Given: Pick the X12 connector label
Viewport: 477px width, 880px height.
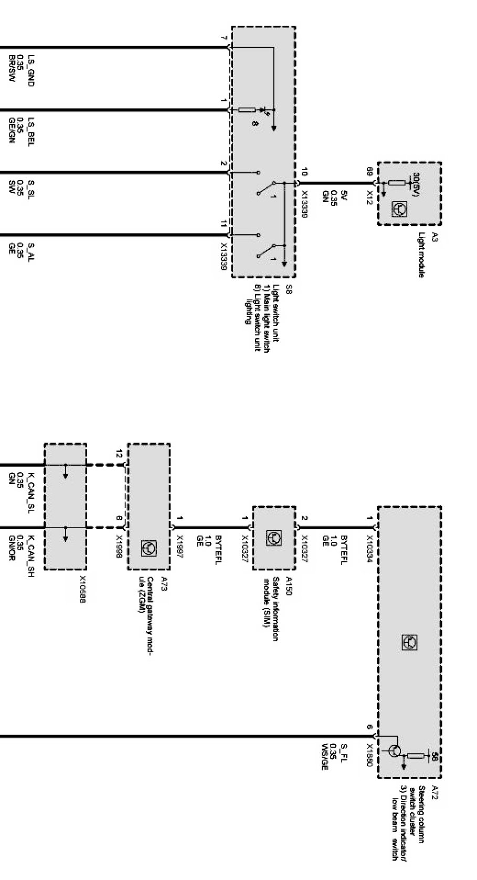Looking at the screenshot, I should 369,197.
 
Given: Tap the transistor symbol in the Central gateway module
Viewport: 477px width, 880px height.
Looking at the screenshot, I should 149,548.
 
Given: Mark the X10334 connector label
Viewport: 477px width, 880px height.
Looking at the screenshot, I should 369,549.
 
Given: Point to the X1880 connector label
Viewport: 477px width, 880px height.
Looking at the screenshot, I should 369,756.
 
